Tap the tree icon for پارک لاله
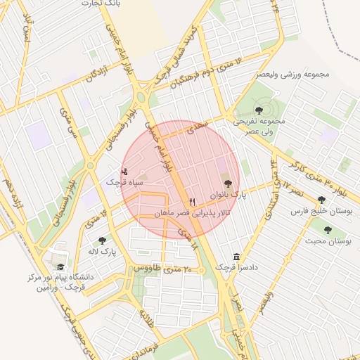102,240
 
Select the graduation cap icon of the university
61,267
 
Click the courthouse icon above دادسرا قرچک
236,257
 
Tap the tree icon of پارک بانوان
226,183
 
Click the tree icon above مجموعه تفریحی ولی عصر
259,110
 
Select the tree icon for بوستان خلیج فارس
321,200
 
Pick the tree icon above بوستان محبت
327,230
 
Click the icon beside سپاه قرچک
125,171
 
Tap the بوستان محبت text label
328,241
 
